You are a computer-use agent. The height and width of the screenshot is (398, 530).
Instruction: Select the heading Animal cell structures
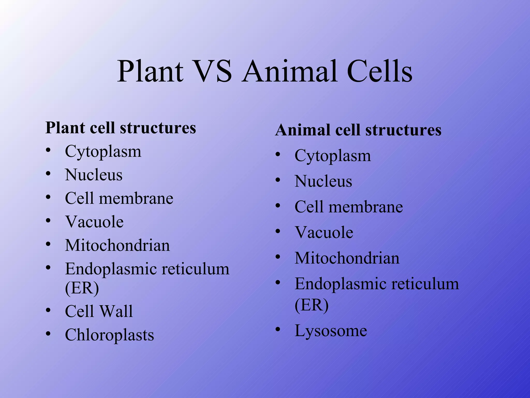358,130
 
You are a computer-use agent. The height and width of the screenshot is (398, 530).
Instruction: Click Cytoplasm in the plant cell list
103,152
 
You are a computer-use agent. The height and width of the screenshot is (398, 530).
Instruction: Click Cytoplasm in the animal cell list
333,156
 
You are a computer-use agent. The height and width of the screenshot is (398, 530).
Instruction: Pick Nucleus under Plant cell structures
94,175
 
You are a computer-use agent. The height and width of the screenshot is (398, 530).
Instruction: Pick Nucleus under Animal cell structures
323,181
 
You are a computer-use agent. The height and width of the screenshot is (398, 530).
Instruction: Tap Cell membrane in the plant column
119,198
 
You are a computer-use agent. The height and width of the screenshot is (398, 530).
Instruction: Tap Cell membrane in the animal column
349,207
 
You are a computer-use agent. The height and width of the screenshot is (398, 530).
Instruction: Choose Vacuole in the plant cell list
94,222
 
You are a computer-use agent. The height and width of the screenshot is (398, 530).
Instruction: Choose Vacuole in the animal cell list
324,232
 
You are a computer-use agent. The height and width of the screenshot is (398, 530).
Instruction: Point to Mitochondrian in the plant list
117,245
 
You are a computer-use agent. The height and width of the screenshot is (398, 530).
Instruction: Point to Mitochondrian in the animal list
347,258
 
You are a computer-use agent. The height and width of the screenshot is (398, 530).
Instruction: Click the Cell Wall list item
99,311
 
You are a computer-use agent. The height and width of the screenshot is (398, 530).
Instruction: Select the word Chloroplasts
109,335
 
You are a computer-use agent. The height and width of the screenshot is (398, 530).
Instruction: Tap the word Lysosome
331,331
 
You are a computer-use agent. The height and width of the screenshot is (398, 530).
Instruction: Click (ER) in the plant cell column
82,288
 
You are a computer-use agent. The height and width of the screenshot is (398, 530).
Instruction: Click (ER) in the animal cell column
312,305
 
